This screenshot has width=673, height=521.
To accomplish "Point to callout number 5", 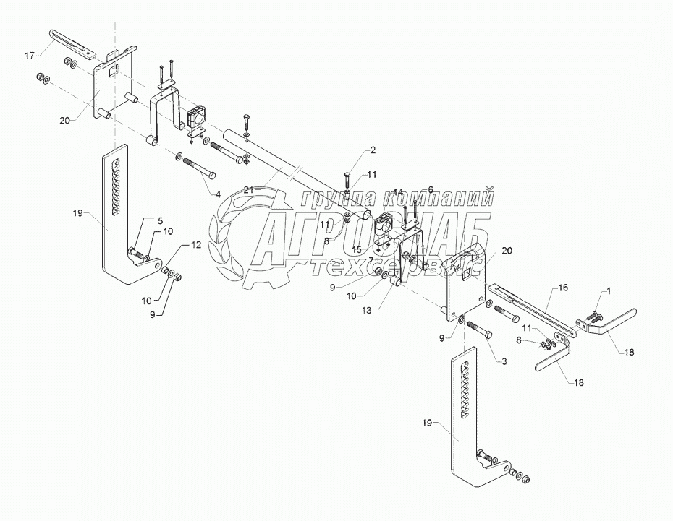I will tap(160, 220).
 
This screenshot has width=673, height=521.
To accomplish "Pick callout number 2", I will tap(373, 150).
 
